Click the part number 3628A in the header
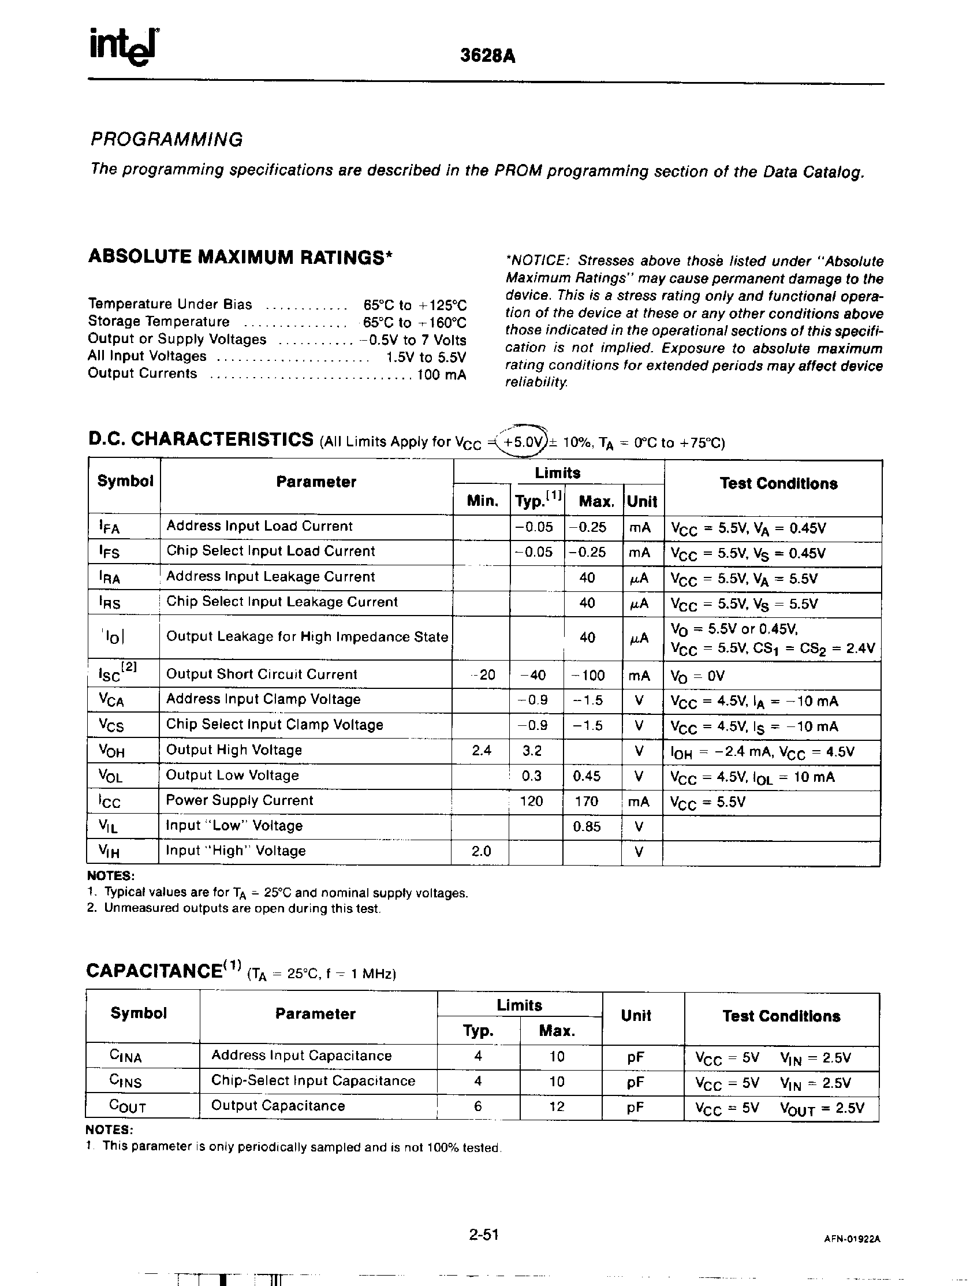(x=488, y=56)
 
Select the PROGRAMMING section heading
(x=166, y=140)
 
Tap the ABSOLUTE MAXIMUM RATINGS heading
(x=240, y=257)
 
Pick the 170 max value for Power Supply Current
(x=587, y=802)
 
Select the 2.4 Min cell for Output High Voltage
(x=481, y=751)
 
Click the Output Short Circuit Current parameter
(x=262, y=674)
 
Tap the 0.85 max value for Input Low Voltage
(x=587, y=826)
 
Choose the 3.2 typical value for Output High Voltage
(x=532, y=751)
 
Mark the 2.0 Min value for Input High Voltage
(x=481, y=851)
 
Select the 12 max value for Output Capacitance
(x=557, y=1106)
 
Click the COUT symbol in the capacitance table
(x=128, y=1106)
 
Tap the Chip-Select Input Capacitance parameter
(x=313, y=1081)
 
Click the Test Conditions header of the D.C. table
(x=778, y=484)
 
